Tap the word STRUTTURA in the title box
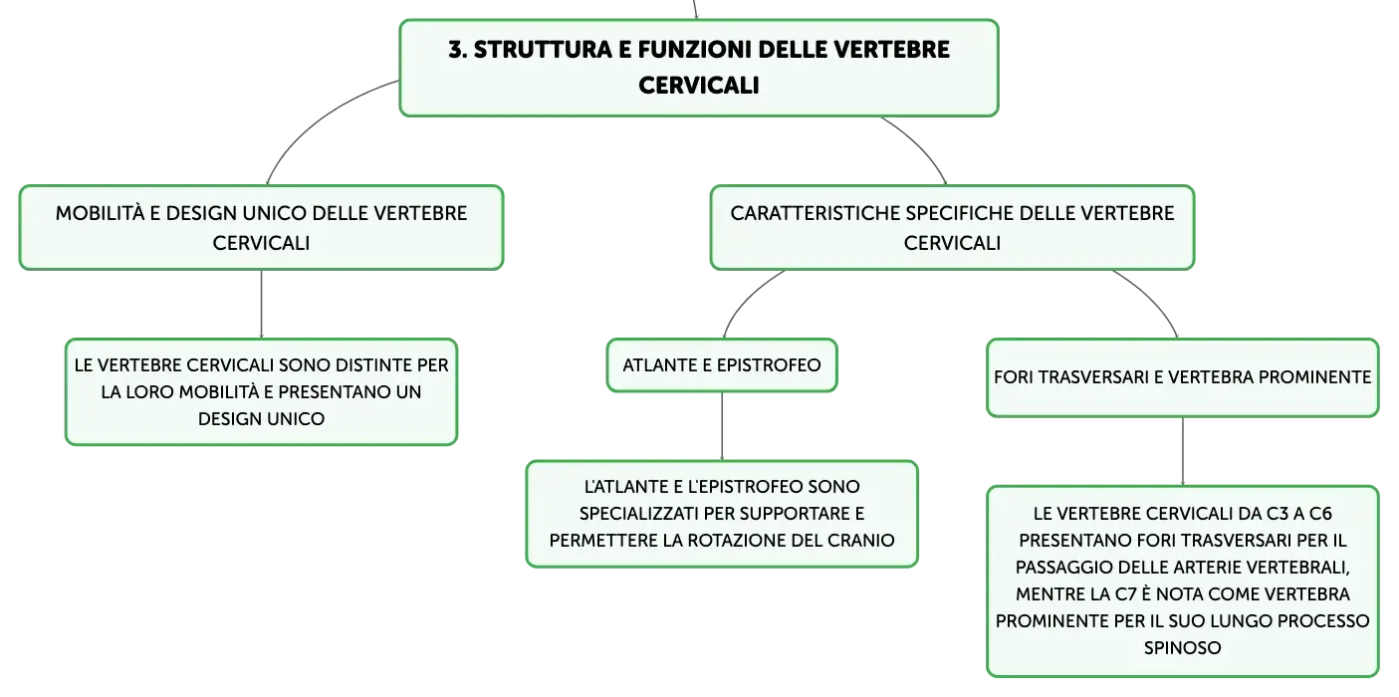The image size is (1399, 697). (543, 50)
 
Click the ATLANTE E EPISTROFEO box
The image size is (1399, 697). (722, 365)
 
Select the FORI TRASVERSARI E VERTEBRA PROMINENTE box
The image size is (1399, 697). (1183, 377)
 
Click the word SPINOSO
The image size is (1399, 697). (1182, 647)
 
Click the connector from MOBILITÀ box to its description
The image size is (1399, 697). (261, 304)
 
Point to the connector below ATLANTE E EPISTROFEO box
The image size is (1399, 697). (722, 426)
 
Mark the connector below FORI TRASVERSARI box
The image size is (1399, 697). (1183, 451)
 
